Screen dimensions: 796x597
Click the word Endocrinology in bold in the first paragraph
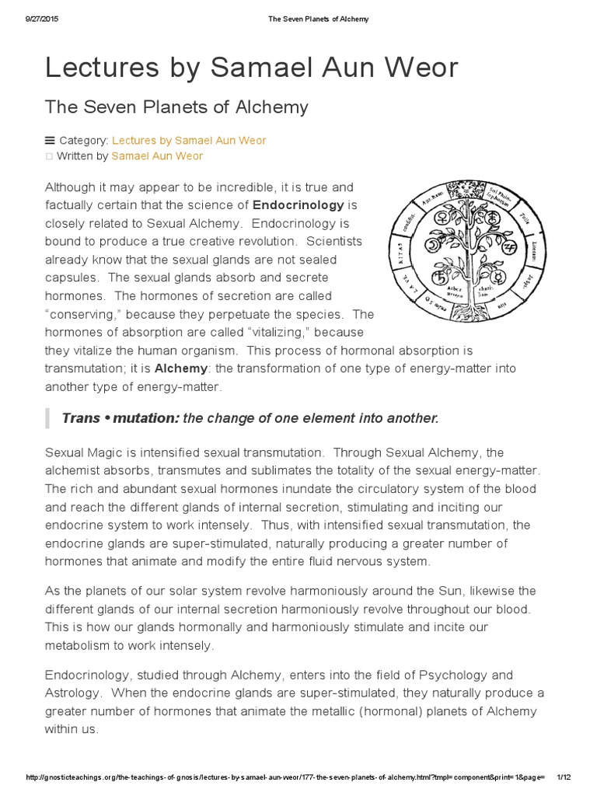pyautogui.click(x=298, y=205)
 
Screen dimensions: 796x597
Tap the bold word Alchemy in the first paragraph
pyautogui.click(x=181, y=368)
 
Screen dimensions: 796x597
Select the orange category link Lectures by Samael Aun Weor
pyautogui.click(x=189, y=140)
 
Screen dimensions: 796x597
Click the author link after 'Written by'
pyautogui.click(x=157, y=156)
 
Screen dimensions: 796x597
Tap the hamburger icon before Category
pyautogui.click(x=51, y=140)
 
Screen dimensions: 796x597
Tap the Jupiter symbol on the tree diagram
pyautogui.click(x=510, y=247)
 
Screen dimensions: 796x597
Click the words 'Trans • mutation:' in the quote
pyautogui.click(x=120, y=419)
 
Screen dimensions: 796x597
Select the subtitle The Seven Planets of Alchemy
pyautogui.click(x=176, y=106)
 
